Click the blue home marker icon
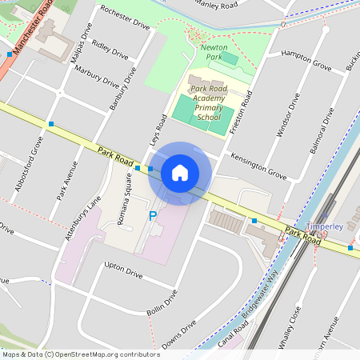[x=180, y=173]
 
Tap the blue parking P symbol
[x=152, y=215]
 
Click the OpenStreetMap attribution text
[x=80, y=354]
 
